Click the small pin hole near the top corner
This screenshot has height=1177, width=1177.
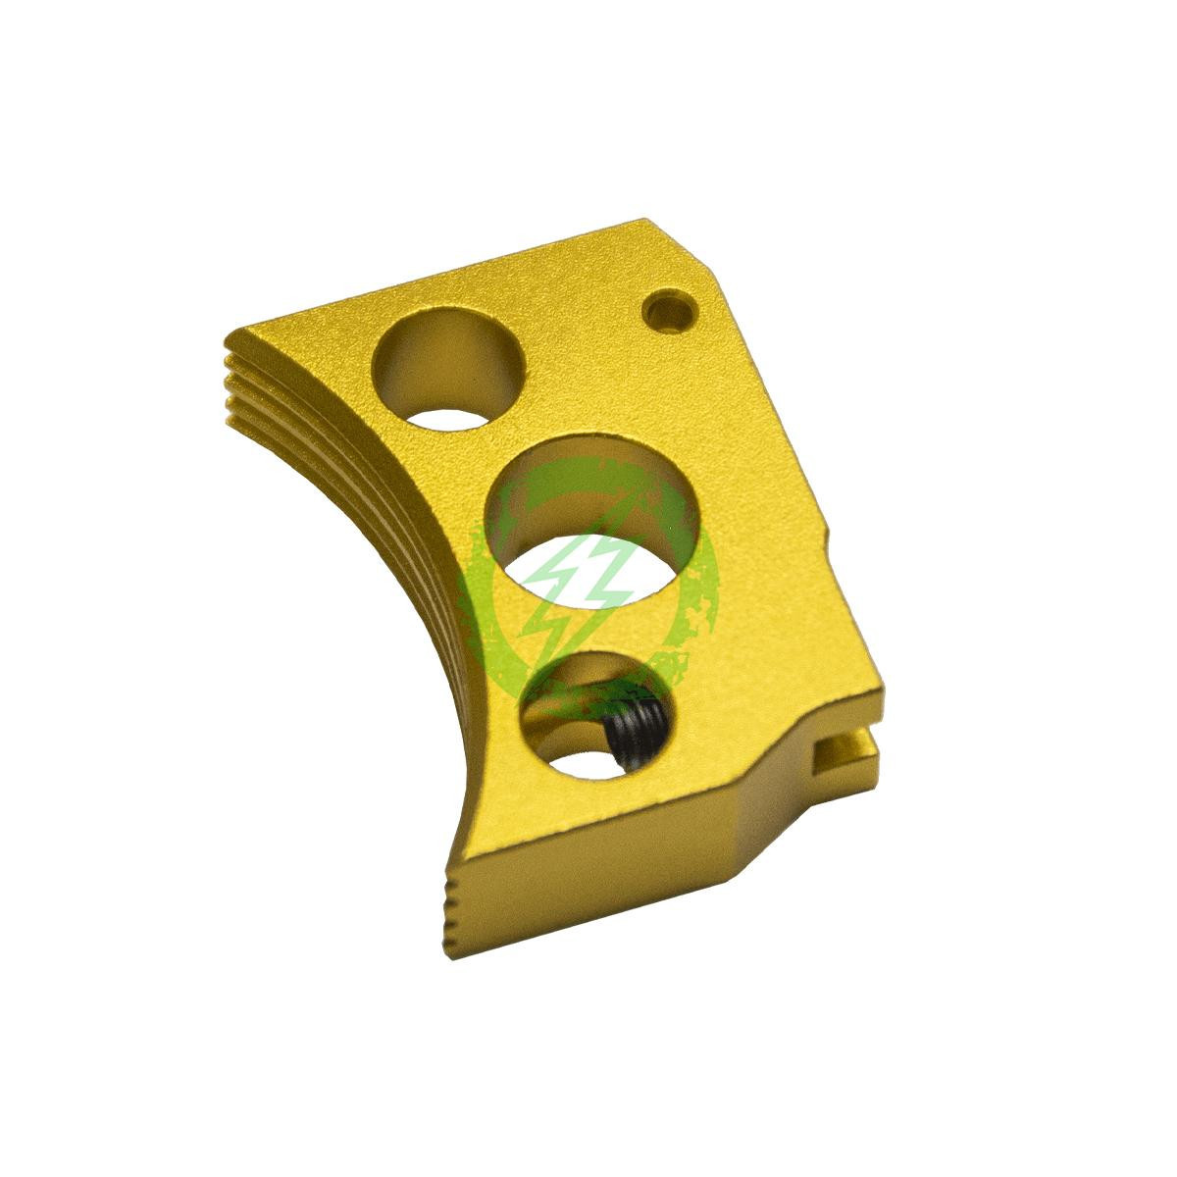tap(671, 313)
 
